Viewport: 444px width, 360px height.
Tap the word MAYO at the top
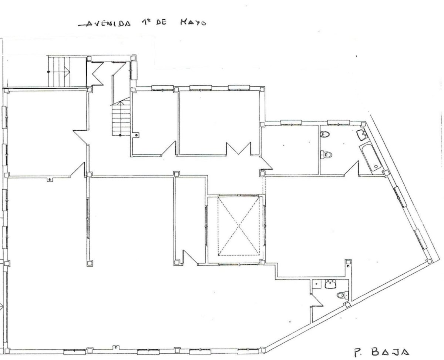click(193, 22)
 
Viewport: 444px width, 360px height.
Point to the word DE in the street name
click(161, 22)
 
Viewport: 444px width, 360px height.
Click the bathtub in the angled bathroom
click(370, 157)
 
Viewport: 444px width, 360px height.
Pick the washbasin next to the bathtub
click(362, 134)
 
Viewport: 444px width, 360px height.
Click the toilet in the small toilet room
click(342, 295)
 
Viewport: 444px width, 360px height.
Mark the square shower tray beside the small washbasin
click(317, 284)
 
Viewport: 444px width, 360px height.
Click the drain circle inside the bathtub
click(376, 167)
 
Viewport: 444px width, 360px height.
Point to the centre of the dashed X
click(239, 226)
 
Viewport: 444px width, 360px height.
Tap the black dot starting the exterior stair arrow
click(48, 72)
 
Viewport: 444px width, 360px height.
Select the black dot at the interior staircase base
click(120, 135)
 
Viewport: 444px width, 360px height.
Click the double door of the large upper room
click(239, 149)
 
